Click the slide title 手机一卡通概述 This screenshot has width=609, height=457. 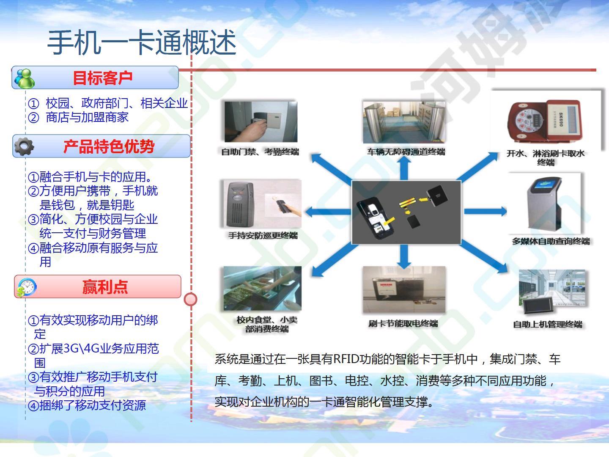142,43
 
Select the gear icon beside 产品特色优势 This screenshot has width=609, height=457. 24,146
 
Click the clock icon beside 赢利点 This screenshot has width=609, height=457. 27,287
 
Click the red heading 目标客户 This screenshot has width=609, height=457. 102,78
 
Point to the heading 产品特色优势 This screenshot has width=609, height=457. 109,146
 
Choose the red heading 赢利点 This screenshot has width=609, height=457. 105,286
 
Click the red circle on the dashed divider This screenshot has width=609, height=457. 191,300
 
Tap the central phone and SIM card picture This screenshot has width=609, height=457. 406,212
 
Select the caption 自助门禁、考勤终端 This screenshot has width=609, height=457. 260,152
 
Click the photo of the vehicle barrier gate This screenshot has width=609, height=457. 404,122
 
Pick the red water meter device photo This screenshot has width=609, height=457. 545,121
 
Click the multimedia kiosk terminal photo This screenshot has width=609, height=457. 544,203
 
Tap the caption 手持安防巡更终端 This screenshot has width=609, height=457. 263,236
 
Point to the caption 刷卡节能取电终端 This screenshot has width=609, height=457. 403,323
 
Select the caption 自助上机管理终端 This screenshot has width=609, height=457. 548,324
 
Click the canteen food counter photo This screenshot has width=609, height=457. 263,288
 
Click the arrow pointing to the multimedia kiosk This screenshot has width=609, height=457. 485,212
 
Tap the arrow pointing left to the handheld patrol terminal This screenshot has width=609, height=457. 328,212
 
